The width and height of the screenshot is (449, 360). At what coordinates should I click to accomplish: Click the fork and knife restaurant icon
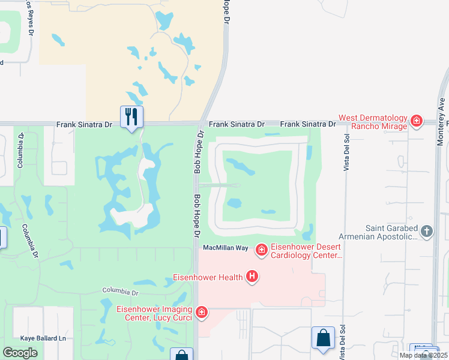132,116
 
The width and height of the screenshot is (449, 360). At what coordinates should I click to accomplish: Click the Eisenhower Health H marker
253,277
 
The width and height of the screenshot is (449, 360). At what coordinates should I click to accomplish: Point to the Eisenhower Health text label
208,277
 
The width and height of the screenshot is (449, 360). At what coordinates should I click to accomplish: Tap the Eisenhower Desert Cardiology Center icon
261,249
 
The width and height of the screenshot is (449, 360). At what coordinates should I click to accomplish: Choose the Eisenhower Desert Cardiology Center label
306,251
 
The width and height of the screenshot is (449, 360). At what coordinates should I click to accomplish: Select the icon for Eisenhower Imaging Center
202,312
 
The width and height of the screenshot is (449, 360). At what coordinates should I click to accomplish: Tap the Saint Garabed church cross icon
427,232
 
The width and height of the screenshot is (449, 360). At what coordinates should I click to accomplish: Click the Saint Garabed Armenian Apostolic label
391,232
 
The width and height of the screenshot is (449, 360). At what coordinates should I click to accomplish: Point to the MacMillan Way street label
226,247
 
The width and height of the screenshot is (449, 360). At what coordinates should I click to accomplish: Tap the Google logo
20,353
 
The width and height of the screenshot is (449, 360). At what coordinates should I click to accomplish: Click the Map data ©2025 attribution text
423,355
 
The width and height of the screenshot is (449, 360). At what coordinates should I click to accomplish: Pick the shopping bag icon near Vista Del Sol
323,337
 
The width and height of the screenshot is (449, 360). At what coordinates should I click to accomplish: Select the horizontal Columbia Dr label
120,292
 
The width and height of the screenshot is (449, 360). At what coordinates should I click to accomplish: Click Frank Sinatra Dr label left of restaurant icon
84,125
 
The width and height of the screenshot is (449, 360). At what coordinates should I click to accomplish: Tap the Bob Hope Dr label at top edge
227,12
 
